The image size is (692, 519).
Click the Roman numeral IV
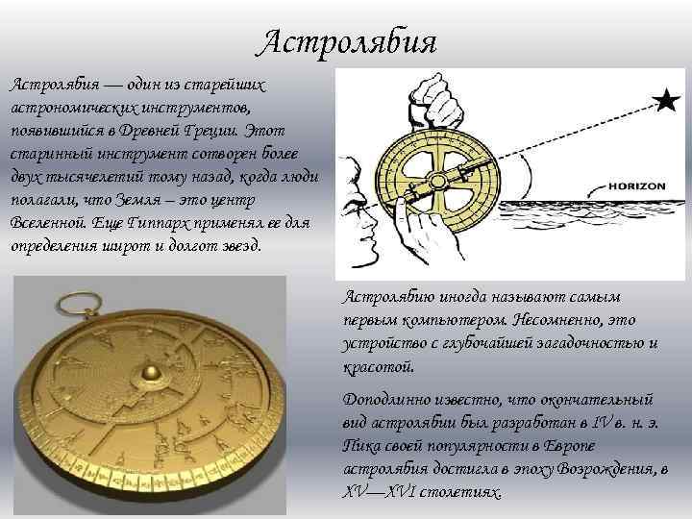[x=599, y=421]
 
